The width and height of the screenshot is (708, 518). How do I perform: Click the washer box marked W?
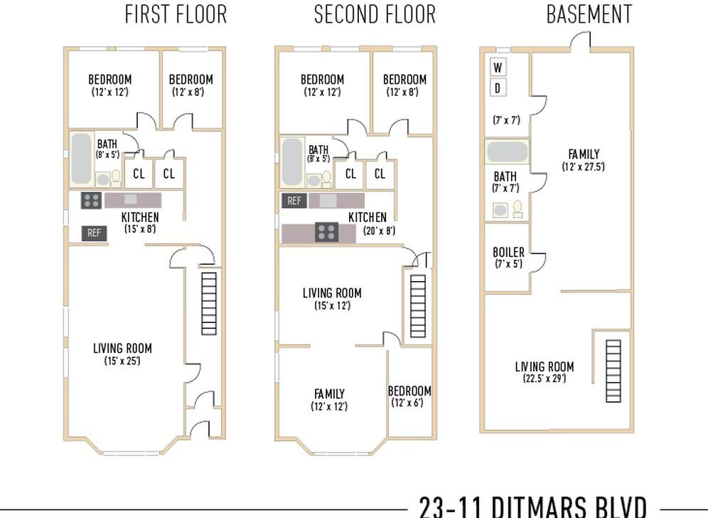[498, 68]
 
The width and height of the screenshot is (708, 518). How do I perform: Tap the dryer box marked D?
[498, 88]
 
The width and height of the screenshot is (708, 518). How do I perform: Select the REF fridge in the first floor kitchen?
[93, 233]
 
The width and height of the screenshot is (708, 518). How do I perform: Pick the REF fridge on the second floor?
[294, 201]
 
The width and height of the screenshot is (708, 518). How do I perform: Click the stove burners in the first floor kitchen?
[91, 201]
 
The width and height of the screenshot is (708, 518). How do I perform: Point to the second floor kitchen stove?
[326, 231]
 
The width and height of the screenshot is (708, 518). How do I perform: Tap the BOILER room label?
[508, 253]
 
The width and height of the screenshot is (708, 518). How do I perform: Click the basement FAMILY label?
[583, 154]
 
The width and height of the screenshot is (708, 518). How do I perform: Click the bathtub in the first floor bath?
[81, 158]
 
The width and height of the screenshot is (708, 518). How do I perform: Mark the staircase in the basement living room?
[612, 371]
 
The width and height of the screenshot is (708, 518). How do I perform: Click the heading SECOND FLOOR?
[375, 14]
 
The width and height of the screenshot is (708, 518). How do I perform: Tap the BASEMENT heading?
[589, 14]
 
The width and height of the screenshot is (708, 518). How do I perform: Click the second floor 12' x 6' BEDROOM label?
[409, 391]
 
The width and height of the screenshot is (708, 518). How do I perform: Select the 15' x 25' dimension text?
[122, 361]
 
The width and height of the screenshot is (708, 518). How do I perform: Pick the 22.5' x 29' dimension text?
[545, 379]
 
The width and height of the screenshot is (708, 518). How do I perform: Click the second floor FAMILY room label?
[329, 393]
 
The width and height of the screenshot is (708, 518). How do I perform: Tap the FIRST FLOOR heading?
[176, 14]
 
